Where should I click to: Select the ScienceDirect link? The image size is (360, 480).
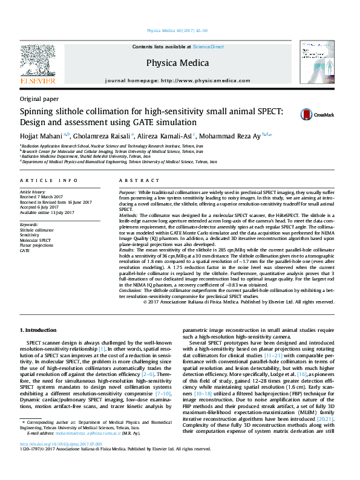coord(208,47)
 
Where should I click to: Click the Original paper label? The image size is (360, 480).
coord(39,99)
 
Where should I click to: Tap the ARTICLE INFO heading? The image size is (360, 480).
coord(49,181)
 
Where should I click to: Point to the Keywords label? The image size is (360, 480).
coord(30,224)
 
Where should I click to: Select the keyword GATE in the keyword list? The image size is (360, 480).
coord(25,249)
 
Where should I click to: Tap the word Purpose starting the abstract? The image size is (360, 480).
coord(129,191)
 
